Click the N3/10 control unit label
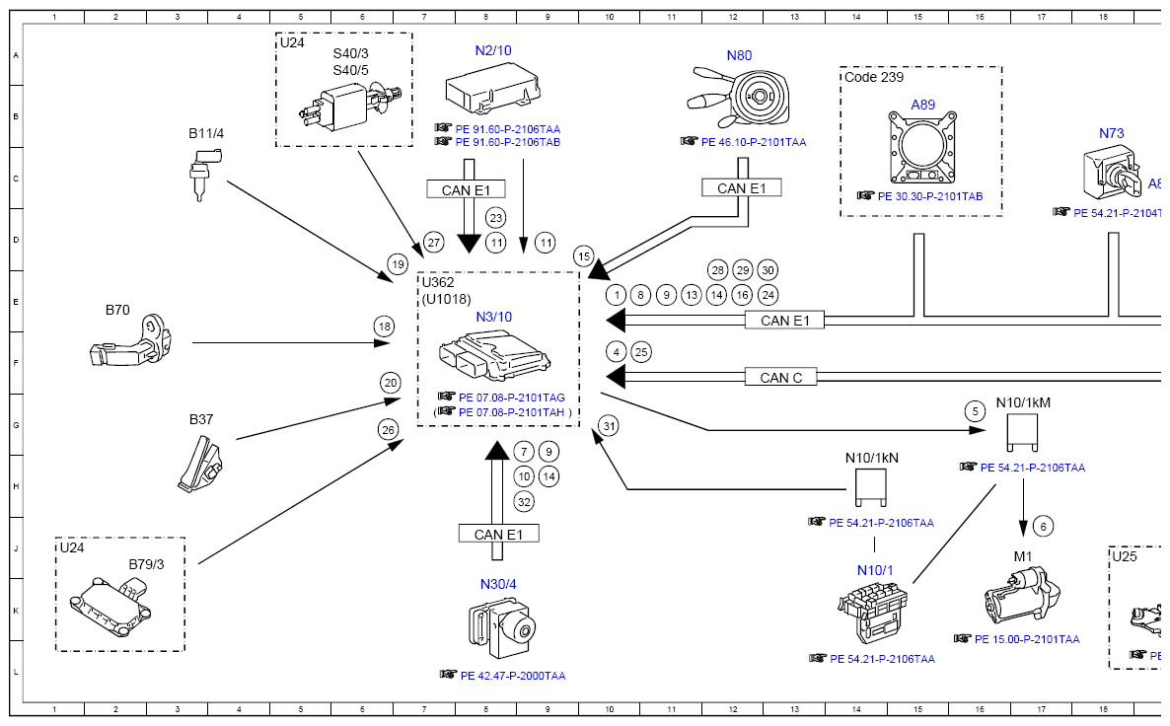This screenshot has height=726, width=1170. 494,317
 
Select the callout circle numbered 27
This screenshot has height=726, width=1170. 433,244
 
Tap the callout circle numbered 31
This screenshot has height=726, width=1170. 610,426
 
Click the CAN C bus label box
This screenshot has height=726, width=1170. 780,377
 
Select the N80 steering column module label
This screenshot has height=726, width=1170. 739,55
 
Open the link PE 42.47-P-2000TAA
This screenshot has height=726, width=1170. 513,676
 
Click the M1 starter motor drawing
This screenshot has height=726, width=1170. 1022,594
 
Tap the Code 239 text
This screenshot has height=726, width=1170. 874,77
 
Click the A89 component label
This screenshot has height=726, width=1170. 922,105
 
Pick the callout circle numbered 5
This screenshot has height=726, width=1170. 976,411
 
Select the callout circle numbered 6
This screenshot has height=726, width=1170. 1045,526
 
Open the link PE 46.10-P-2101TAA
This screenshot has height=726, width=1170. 753,142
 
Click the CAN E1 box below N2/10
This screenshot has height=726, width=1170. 466,189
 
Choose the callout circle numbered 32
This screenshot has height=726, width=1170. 524,501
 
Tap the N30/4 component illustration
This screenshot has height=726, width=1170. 502,627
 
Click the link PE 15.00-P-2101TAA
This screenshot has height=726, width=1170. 1027,639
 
